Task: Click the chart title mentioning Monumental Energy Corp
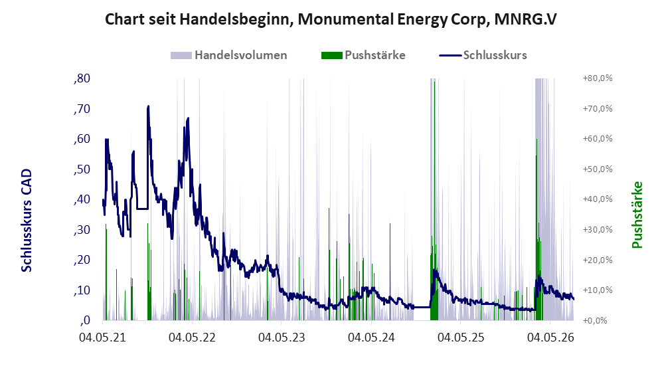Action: tap(331, 19)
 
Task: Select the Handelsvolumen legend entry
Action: tap(229, 55)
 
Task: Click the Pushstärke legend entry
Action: tap(363, 55)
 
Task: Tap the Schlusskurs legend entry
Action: tap(483, 55)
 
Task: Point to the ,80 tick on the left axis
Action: tap(82, 78)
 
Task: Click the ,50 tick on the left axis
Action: tap(82, 169)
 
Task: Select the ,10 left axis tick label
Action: tap(82, 290)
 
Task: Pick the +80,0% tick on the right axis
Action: tap(598, 78)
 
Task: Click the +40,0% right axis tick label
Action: tap(598, 199)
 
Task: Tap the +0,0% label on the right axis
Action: tap(595, 321)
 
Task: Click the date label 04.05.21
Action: tap(103, 338)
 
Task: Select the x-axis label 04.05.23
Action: tap(282, 338)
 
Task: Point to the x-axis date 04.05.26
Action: tap(550, 338)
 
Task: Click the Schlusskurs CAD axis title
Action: tap(27, 221)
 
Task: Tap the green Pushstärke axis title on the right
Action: tap(637, 215)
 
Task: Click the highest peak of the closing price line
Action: tap(148, 106)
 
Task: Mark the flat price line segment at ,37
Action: tap(142, 209)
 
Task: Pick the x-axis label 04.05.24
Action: tap(372, 338)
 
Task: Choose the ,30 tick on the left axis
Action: tap(82, 230)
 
